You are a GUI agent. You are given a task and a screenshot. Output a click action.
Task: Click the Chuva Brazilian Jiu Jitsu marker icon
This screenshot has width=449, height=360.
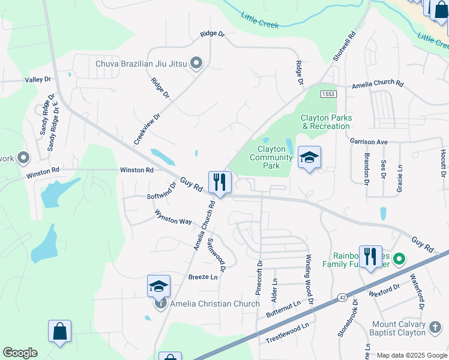point(196,63)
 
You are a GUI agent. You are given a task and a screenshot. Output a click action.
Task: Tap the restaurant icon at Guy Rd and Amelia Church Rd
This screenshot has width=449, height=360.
point(220,182)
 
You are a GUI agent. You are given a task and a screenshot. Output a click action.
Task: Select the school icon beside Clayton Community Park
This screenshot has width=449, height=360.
point(309,158)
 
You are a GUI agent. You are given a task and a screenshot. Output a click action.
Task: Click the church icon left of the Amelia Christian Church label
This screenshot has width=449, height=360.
point(160,304)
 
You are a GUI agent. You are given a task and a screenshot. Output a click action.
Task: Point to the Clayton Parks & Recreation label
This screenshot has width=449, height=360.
point(325,122)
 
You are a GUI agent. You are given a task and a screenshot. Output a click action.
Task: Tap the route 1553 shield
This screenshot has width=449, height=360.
point(328,94)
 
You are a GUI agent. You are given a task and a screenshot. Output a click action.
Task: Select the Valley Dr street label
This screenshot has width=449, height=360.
point(38,79)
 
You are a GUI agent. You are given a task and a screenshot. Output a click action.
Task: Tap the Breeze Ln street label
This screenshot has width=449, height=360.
point(203,277)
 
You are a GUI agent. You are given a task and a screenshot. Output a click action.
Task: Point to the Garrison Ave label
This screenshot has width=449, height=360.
point(369,142)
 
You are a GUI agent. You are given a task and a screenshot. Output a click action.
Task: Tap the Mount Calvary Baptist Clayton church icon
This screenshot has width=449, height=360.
point(435,328)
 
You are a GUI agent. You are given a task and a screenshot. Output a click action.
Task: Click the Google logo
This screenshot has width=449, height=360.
point(20,353)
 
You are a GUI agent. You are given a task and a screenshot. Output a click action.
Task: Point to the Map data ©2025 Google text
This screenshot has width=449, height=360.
point(411,355)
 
